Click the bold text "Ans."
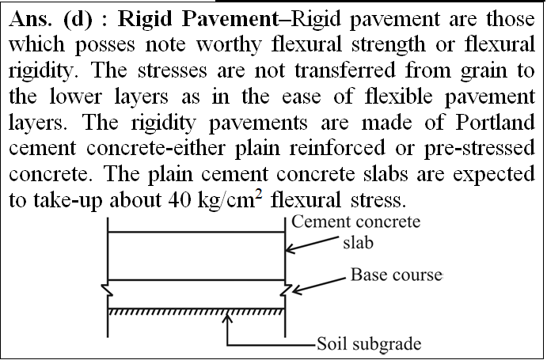(x=30, y=19)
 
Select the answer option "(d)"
(x=78, y=20)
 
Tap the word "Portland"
(x=495, y=123)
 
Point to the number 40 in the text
(x=180, y=199)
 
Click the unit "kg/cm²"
(x=230, y=199)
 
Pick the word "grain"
(x=484, y=71)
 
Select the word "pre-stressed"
(x=480, y=149)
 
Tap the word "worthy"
(x=229, y=45)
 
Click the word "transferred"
(x=345, y=70)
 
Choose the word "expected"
(x=494, y=174)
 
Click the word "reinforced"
(x=337, y=148)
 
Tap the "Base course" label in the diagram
(x=397, y=275)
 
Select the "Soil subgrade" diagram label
(x=369, y=344)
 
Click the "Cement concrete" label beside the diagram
(x=356, y=222)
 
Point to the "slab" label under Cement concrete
(x=358, y=243)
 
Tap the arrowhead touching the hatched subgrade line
(x=227, y=318)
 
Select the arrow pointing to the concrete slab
(x=312, y=245)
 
